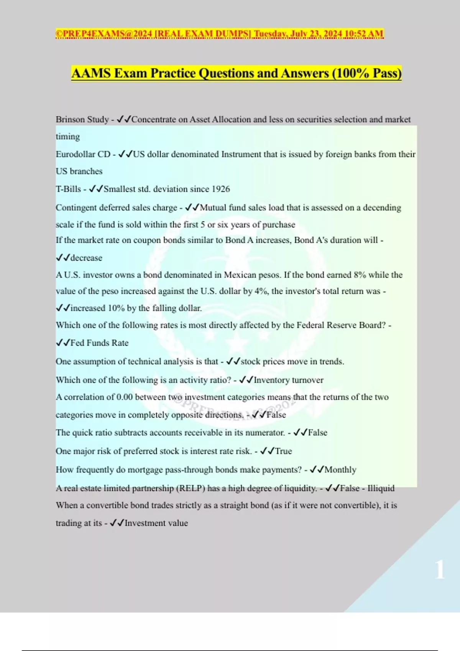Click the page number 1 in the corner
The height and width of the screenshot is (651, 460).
[440, 569]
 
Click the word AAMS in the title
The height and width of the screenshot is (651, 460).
[90, 73]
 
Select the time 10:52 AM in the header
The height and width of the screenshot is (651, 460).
[364, 34]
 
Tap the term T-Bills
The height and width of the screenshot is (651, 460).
[68, 189]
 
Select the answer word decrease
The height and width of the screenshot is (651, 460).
[86, 258]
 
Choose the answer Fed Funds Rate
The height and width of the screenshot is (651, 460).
[99, 343]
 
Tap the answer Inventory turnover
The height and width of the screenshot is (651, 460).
[288, 380]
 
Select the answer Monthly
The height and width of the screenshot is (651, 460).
[340, 470]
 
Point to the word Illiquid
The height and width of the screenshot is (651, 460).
[381, 488]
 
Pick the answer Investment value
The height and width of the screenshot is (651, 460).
[156, 523]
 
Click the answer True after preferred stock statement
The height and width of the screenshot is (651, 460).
[283, 451]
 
